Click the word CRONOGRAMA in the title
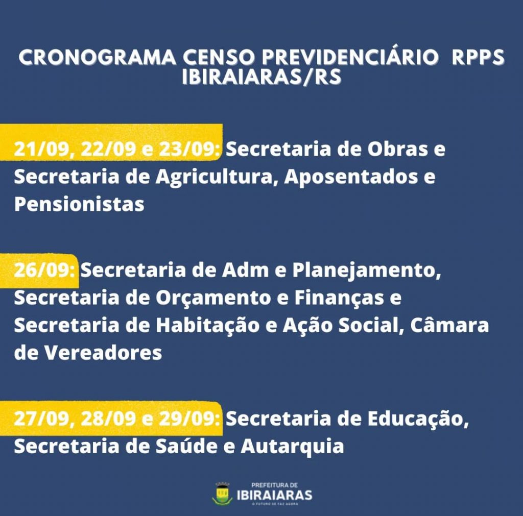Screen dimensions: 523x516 coord(97,57)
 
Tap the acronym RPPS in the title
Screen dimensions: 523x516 coord(478,57)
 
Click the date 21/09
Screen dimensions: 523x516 coord(41,149)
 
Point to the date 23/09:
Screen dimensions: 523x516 coord(189,149)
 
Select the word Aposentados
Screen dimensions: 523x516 coord(351,177)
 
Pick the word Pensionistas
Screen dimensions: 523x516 coord(79,204)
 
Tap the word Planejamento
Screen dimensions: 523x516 coord(367,271)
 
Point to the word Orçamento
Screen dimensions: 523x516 coord(213,298)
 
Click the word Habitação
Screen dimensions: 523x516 coord(208,325)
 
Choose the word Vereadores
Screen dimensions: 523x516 coord(103,353)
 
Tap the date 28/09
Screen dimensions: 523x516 coord(108,419)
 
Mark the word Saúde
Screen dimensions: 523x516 coord(186,446)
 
